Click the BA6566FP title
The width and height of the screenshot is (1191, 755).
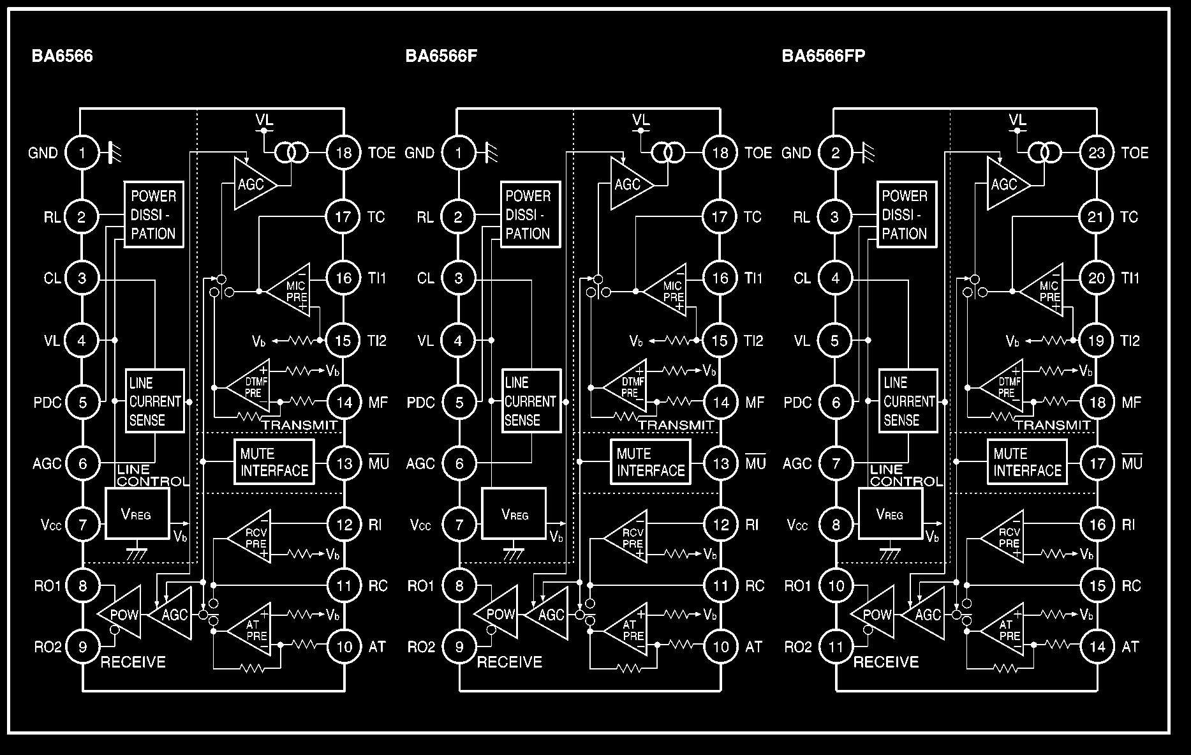[x=823, y=56]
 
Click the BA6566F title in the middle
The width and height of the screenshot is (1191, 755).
[x=441, y=56]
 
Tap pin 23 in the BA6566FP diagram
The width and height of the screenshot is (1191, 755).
[x=1097, y=153]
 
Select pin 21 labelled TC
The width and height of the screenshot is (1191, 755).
[x=1097, y=217]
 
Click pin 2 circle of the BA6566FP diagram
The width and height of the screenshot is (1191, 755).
[x=836, y=153]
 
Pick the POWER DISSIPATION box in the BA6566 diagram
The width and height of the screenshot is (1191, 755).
[x=153, y=215]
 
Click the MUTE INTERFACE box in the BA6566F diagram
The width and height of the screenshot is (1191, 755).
[x=651, y=463]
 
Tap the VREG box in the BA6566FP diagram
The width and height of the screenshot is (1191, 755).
[x=890, y=514]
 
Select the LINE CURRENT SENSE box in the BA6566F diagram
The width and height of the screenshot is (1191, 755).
[x=531, y=401]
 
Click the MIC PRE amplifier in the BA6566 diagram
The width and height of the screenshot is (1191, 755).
[x=291, y=291]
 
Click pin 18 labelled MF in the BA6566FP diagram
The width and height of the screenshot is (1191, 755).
[x=1097, y=402]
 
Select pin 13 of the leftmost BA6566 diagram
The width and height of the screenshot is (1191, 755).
[x=344, y=463]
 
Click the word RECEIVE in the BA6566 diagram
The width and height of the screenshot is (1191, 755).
[x=133, y=662]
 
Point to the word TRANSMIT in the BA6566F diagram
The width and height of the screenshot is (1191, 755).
[x=676, y=425]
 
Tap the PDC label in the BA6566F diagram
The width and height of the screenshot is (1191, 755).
[x=420, y=403]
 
